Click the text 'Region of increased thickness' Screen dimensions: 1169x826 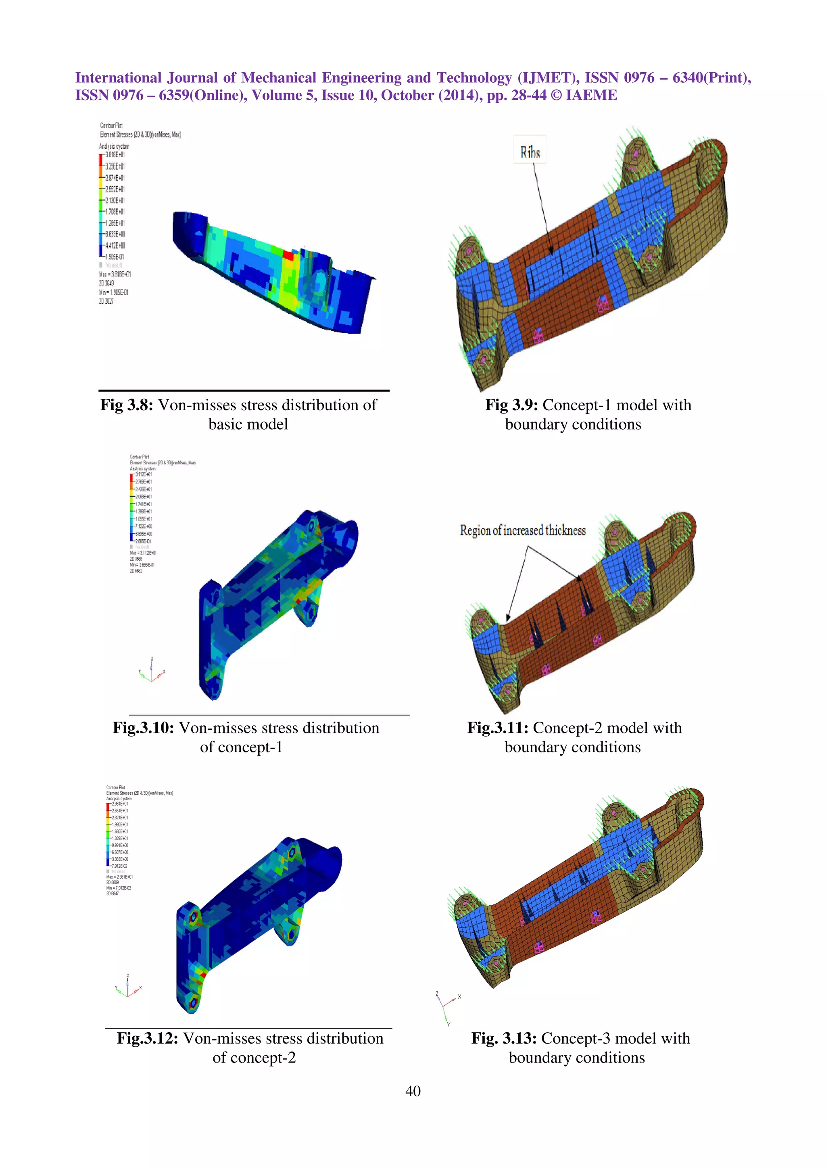(x=523, y=530)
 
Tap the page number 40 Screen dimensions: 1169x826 (x=413, y=1091)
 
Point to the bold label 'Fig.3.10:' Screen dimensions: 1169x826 (x=144, y=728)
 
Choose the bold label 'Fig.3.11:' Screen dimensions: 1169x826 (x=498, y=728)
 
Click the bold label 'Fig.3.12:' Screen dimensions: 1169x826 (x=147, y=1038)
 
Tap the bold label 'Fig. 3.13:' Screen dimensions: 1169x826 (x=504, y=1038)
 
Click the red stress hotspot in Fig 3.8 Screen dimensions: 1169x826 (x=288, y=254)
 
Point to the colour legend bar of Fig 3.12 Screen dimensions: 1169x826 (x=108, y=834)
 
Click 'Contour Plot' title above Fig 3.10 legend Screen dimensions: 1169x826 (x=140, y=457)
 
